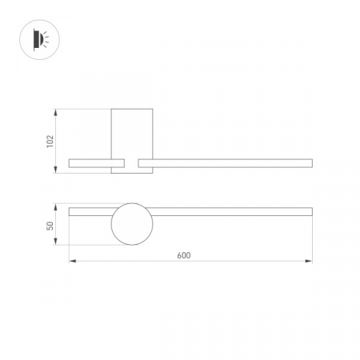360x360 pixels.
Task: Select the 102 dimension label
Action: [x=50, y=141]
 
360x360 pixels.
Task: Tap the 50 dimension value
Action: [x=50, y=226]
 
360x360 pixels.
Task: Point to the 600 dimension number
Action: [x=183, y=255]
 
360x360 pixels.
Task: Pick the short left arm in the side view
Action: [x=90, y=163]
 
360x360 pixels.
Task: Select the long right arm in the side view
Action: [x=224, y=163]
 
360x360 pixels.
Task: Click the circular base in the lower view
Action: [x=131, y=224]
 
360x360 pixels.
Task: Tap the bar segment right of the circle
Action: [x=232, y=211]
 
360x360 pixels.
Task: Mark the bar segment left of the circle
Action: [x=90, y=211]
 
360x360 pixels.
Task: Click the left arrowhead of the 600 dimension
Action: [x=72, y=261]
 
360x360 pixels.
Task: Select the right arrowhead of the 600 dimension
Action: [x=309, y=261]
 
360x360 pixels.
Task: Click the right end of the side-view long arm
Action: [x=310, y=163]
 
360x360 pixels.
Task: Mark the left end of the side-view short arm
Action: [x=71, y=163]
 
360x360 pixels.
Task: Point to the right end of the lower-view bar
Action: [x=310, y=211]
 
